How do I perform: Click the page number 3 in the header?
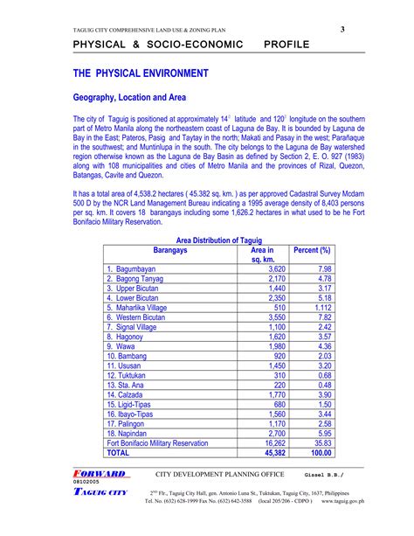(343, 30)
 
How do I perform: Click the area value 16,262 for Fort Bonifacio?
(273, 443)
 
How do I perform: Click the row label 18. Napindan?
(133, 432)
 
